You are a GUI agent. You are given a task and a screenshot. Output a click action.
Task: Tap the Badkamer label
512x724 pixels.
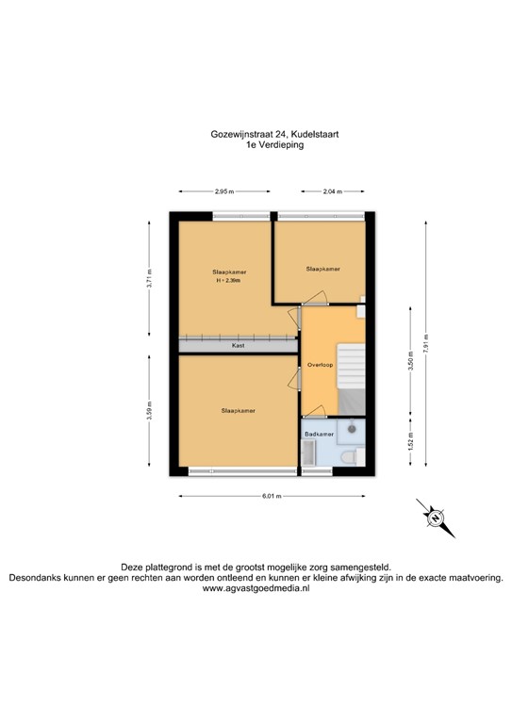[319, 435]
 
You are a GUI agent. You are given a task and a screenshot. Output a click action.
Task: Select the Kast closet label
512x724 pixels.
[239, 346]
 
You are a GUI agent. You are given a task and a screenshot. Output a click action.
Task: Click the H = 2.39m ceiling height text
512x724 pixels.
[228, 281]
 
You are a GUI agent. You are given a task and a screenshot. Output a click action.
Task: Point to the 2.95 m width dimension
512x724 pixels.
[223, 191]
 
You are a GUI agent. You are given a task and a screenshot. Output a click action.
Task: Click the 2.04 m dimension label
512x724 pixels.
[331, 191]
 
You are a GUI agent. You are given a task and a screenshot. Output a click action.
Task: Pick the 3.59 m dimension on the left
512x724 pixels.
[150, 412]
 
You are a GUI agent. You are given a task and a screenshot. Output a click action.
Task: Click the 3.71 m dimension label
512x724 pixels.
[150, 279]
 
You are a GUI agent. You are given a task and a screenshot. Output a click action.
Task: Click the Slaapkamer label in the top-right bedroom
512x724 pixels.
[322, 269]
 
